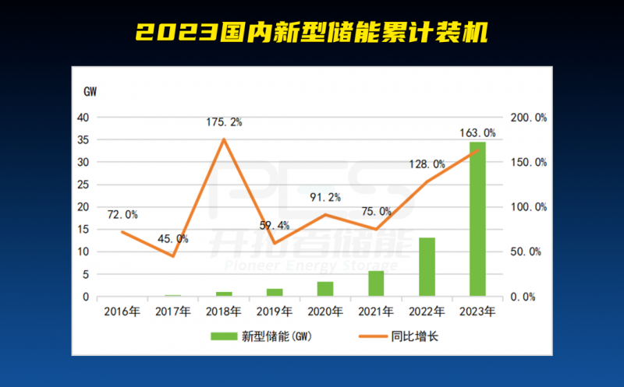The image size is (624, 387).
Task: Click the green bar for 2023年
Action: (477, 219)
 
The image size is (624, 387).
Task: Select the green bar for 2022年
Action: (427, 267)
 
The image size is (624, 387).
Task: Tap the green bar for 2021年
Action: (376, 283)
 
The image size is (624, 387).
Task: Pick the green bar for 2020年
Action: (325, 289)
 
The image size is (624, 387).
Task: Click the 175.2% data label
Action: (224, 121)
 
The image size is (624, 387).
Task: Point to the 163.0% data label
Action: (477, 132)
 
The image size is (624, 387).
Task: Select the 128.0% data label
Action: (427, 164)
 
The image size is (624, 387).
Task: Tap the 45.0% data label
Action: (173, 238)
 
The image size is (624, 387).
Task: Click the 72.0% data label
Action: (122, 214)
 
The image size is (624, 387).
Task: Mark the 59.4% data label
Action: (275, 225)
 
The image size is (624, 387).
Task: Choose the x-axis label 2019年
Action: (275, 311)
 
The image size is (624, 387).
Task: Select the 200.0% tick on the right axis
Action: (528, 118)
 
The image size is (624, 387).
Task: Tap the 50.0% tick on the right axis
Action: (528, 252)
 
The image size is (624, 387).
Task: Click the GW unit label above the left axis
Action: (90, 91)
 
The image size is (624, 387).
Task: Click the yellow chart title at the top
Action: (312, 32)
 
